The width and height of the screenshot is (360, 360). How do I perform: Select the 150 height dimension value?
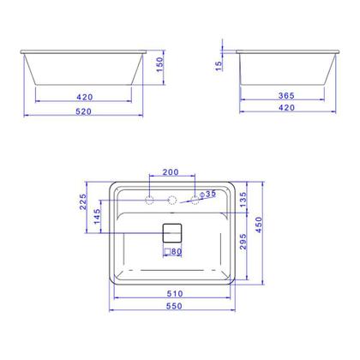coord(159,68)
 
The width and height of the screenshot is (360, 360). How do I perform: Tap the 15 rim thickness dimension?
coord(221,65)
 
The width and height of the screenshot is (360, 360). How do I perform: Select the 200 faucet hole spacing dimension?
coord(172,172)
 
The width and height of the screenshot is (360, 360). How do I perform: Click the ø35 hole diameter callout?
coord(207,195)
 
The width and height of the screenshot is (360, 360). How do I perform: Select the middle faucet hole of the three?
coord(172,200)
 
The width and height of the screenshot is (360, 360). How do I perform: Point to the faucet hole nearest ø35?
coord(195,200)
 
